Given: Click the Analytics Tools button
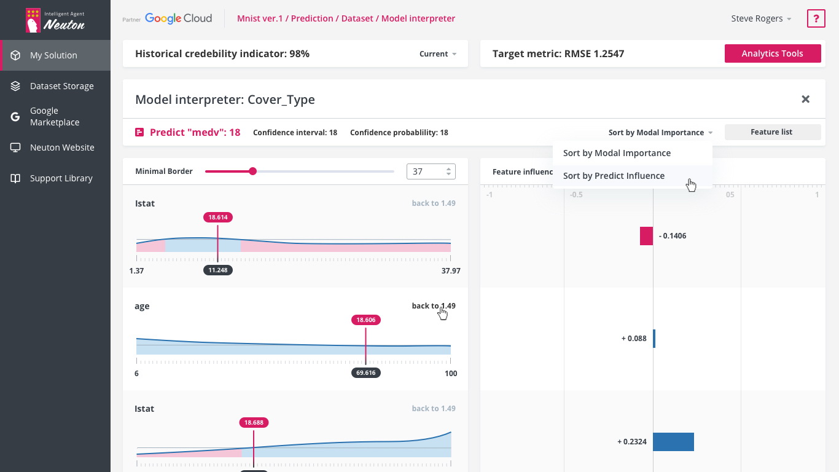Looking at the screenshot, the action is click(x=772, y=53).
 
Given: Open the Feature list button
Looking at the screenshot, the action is click(x=772, y=132).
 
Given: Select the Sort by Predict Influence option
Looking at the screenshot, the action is click(x=614, y=176).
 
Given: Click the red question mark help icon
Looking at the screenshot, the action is click(x=816, y=19).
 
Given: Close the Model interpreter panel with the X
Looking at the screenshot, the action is click(x=805, y=99).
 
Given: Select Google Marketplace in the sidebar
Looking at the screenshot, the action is click(x=55, y=116).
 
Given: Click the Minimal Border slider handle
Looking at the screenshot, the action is click(x=253, y=171).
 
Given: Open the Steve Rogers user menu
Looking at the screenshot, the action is click(x=761, y=19).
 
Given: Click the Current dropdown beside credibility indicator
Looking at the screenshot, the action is click(x=437, y=54).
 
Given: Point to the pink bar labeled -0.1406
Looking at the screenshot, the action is click(x=647, y=236).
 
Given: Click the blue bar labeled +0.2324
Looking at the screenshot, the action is click(x=673, y=442).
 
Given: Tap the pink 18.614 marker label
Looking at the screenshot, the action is click(x=218, y=217).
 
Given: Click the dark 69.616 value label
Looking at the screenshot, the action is click(x=365, y=372).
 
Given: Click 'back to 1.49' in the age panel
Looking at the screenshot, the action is click(x=434, y=306).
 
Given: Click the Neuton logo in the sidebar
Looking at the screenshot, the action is click(x=55, y=20).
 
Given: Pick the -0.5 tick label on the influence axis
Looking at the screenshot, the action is click(x=576, y=195).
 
